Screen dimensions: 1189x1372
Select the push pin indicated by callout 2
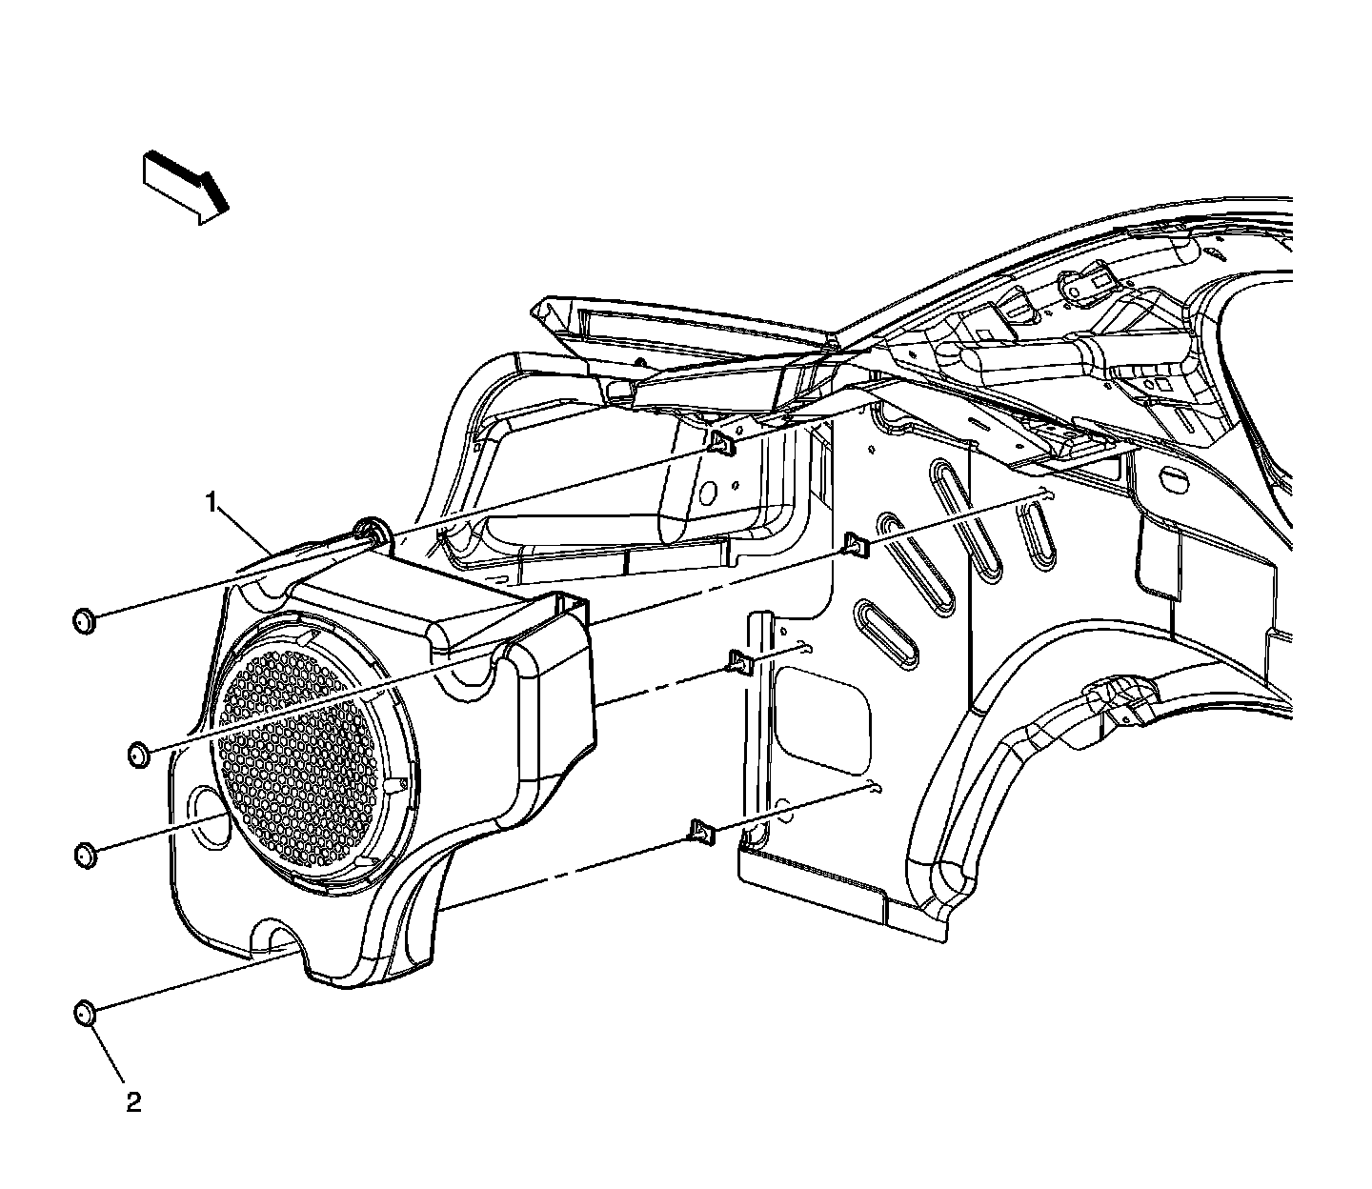(x=85, y=1013)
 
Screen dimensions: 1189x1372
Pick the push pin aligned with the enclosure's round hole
(x=85, y=854)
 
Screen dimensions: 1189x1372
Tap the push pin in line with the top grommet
(x=85, y=622)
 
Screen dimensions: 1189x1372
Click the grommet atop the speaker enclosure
(x=371, y=533)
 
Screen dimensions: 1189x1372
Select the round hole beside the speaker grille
(x=208, y=815)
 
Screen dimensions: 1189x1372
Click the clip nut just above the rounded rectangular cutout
(x=741, y=659)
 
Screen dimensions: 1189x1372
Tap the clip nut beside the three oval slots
(x=856, y=545)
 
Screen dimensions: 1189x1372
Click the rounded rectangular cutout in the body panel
(x=822, y=714)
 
